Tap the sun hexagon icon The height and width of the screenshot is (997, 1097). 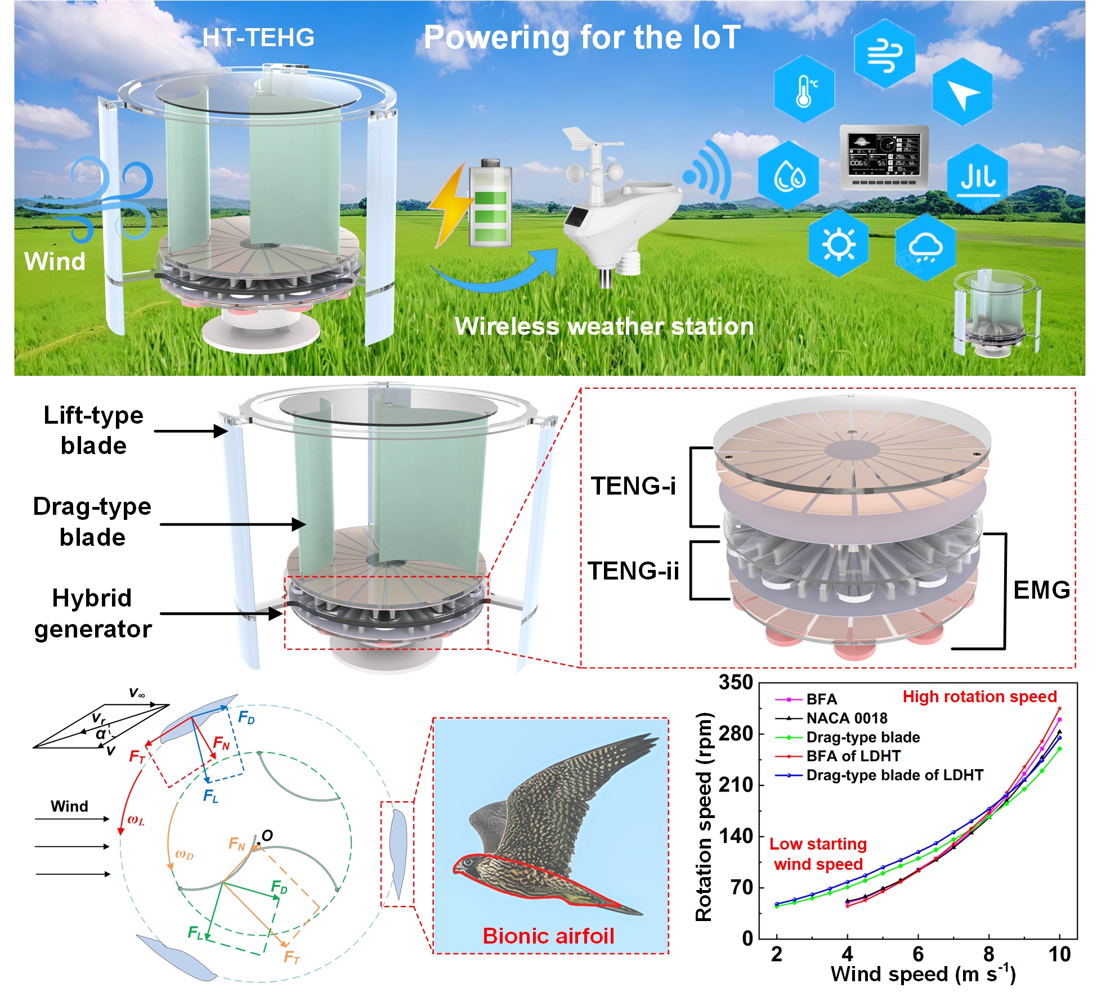[838, 244]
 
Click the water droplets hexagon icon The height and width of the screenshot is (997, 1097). [789, 176]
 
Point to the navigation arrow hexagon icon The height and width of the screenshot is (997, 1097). [962, 92]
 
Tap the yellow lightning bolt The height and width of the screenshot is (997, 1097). [450, 206]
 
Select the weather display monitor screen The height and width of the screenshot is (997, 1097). [884, 152]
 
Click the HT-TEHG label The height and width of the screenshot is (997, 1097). [258, 38]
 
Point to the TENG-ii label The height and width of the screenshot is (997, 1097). [633, 571]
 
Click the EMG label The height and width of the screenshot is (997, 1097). [1041, 590]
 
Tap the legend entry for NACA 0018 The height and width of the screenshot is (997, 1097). [847, 718]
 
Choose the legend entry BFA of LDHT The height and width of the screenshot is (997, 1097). [853, 756]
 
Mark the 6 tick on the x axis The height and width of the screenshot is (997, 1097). [918, 954]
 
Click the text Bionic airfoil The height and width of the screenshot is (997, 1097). [548, 936]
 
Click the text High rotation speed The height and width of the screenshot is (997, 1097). [979, 697]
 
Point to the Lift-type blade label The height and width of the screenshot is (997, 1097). [93, 430]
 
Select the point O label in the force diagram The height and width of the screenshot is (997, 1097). [267, 836]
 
